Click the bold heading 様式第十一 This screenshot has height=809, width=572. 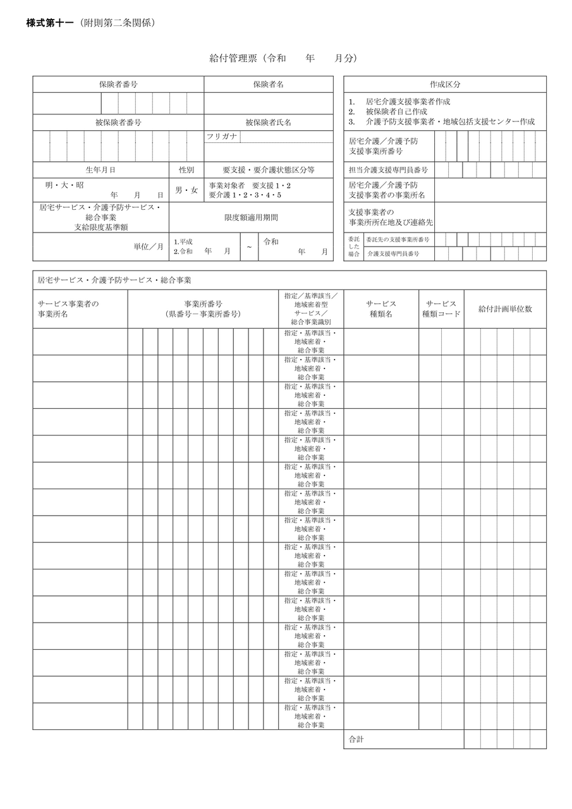tap(50, 23)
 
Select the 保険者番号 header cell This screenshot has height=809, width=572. tap(118, 84)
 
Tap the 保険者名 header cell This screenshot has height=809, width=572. tap(268, 84)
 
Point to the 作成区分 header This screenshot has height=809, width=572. tap(445, 84)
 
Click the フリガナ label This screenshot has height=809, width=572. tap(222, 137)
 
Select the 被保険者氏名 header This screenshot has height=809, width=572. tap(268, 122)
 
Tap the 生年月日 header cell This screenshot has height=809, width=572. tap(100, 170)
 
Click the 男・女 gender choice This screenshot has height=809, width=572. tap(186, 190)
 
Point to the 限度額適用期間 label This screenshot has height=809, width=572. tap(251, 217)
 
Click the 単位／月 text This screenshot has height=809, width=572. tap(149, 246)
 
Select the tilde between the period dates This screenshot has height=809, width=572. tap(249, 247)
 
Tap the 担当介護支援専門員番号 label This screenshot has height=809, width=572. tap(388, 170)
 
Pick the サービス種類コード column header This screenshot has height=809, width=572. tap(441, 308)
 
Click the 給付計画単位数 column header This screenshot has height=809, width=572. tap(505, 308)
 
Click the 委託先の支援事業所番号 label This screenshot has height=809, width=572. tap(398, 240)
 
